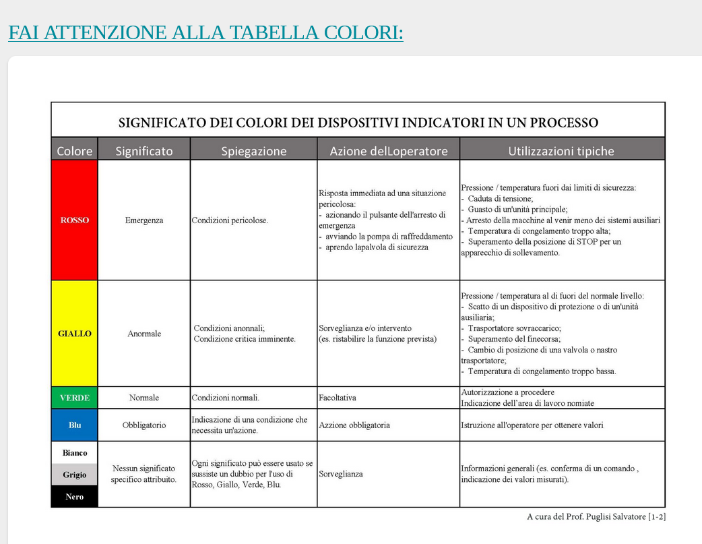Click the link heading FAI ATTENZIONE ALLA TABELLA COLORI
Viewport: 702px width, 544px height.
tap(205, 32)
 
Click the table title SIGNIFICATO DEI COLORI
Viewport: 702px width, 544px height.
tap(358, 123)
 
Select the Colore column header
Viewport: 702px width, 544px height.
tap(75, 151)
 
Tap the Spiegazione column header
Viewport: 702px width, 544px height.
tap(254, 151)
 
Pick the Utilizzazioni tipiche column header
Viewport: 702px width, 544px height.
tap(561, 151)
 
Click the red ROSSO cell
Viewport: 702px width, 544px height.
tap(75, 220)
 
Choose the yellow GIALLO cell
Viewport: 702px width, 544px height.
tap(75, 334)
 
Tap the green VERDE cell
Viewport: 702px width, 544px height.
tap(75, 398)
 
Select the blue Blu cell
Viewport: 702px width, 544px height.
tap(75, 425)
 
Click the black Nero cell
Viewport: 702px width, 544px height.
tap(75, 497)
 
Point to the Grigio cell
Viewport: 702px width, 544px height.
tap(75, 475)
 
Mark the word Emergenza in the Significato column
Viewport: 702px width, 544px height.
tap(144, 220)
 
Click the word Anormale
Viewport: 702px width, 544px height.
tap(144, 334)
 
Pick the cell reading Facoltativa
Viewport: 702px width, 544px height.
tap(338, 398)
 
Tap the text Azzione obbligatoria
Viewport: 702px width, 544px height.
tap(354, 425)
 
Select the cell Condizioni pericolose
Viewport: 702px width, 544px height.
tap(230, 220)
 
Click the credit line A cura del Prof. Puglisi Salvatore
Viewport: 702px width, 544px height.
tap(596, 517)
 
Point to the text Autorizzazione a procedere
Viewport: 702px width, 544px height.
tap(508, 392)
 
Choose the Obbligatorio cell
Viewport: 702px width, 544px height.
tap(144, 425)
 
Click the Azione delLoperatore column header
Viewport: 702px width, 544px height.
tap(389, 151)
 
